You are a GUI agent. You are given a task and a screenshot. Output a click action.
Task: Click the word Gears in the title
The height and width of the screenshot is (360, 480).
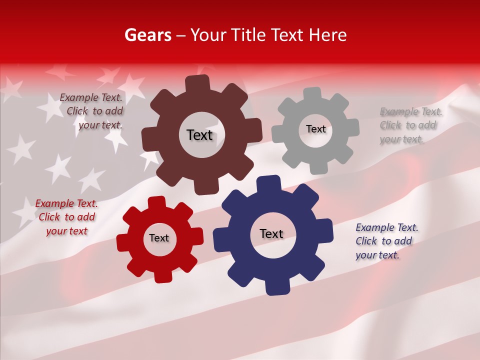click(148, 35)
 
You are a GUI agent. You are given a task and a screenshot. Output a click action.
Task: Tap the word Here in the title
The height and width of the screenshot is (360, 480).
click(327, 35)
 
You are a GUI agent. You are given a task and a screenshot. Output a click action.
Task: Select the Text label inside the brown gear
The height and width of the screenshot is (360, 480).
click(199, 135)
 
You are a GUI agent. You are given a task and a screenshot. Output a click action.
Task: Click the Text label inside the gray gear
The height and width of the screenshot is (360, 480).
click(315, 129)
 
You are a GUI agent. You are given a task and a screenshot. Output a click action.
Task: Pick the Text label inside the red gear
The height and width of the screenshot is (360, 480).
click(159, 238)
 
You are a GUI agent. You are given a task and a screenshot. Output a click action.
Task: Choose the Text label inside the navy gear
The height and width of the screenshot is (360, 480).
click(271, 233)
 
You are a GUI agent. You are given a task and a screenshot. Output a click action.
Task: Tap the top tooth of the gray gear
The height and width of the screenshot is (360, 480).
click(312, 94)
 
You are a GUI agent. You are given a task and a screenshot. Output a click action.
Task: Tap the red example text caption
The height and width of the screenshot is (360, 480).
click(66, 217)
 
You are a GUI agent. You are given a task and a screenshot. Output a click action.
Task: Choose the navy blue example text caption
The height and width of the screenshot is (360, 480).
click(386, 241)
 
